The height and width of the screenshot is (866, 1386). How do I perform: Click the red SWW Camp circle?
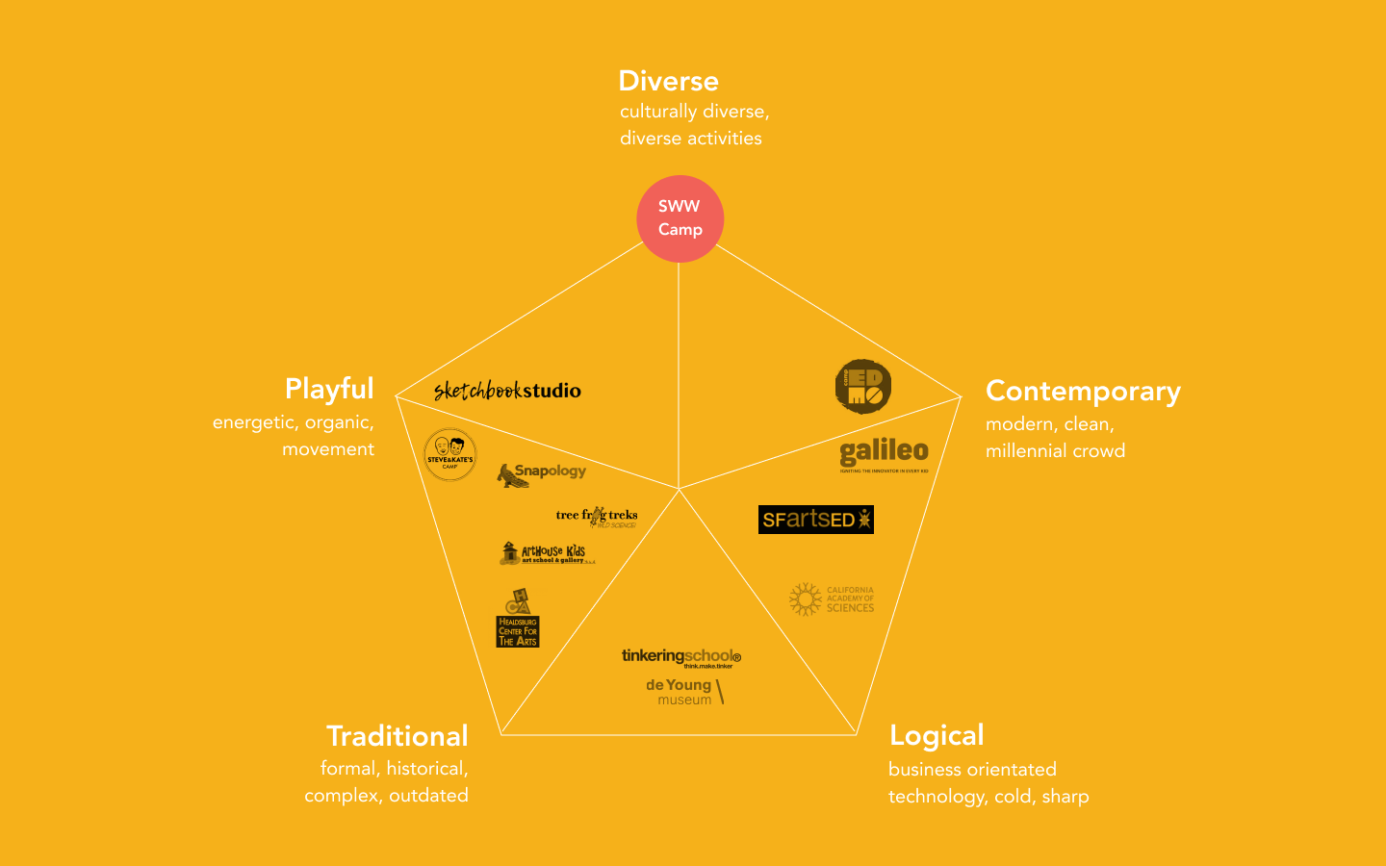680,218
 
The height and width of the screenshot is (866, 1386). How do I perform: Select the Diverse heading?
668,81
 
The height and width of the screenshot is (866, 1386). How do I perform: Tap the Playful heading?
329,389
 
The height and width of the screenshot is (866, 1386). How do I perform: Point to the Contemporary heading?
1083,392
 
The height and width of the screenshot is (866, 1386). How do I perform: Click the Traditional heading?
397,736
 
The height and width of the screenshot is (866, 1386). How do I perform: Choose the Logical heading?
937,736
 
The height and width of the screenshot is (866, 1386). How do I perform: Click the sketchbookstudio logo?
507,390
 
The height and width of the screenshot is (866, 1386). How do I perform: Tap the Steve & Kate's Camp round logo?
449,454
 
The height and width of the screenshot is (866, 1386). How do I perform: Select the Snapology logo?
541,473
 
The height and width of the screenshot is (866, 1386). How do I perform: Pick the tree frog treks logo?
597,517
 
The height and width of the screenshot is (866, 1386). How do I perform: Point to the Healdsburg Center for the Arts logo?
518,619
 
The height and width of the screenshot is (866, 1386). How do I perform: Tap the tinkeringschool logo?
680,657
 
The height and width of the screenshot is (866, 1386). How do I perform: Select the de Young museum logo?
684,691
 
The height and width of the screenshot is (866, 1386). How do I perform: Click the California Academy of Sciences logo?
832,599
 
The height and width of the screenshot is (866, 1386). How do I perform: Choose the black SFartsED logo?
815,520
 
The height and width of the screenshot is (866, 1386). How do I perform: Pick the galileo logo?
884,453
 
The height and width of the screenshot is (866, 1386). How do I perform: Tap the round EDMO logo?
862,387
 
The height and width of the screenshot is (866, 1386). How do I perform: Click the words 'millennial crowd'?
1055,451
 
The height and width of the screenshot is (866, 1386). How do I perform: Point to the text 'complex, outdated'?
386,796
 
